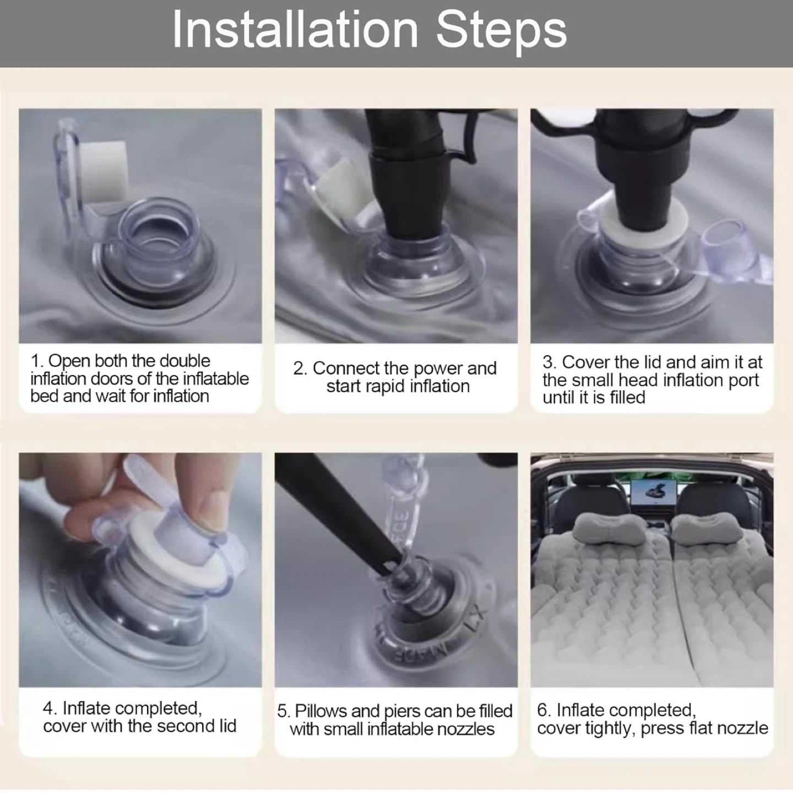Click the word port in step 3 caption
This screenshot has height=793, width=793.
point(743,381)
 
